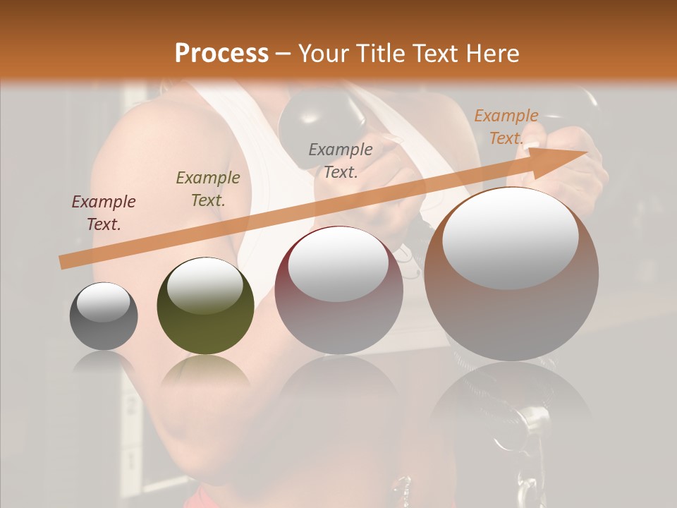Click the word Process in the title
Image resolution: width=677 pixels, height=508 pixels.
click(x=221, y=54)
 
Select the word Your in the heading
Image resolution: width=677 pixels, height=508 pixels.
click(x=322, y=54)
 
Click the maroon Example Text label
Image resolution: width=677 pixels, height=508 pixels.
click(x=104, y=212)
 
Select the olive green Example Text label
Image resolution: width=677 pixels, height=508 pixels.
click(x=208, y=188)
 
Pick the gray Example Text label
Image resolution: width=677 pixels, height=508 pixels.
click(x=341, y=160)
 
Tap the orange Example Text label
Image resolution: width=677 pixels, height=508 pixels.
click(x=506, y=127)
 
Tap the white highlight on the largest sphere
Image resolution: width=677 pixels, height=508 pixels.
click(x=511, y=238)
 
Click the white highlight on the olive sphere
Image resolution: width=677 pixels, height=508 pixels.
click(x=205, y=285)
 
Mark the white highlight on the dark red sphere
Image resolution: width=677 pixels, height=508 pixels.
click(x=338, y=265)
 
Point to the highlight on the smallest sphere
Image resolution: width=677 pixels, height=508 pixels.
click(x=103, y=302)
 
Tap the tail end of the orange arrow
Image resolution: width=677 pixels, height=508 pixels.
click(x=63, y=262)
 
